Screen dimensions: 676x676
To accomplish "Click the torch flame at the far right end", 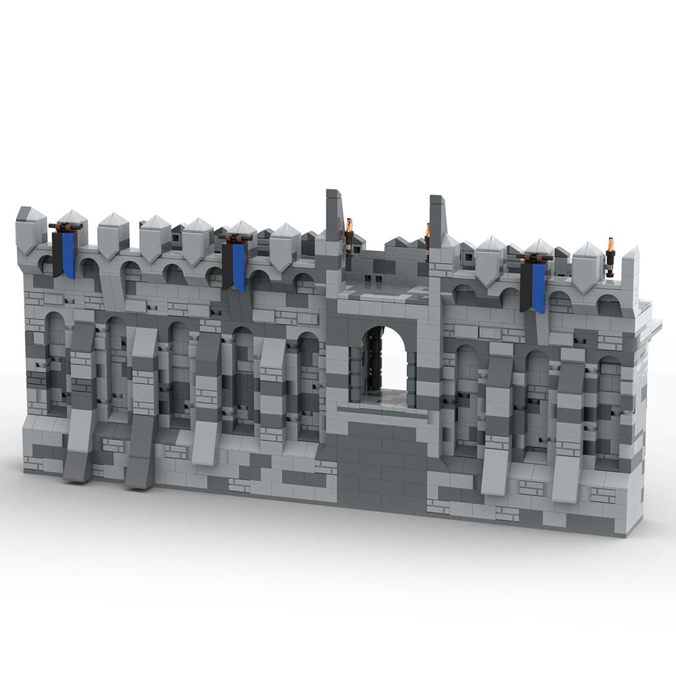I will tap(610, 243).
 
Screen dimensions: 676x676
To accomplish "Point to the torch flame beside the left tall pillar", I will tap(350, 226).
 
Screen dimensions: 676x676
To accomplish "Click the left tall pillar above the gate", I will tap(334, 215).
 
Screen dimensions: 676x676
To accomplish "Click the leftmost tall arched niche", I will tap(55, 363).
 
